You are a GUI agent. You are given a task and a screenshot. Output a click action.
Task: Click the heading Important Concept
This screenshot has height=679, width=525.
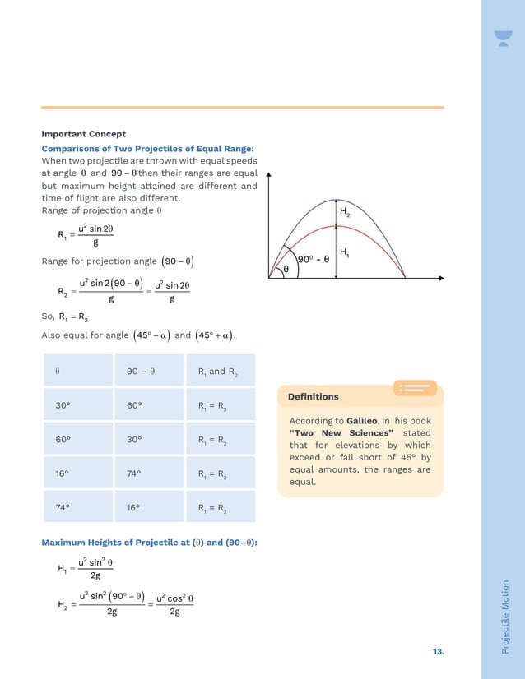coord(83,134)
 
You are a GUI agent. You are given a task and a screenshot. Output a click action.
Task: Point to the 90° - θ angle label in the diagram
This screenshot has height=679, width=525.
coord(313,258)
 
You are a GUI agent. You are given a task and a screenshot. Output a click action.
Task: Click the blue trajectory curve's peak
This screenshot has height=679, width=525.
coord(336,200)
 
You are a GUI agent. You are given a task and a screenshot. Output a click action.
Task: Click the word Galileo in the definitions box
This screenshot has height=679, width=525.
coord(366,420)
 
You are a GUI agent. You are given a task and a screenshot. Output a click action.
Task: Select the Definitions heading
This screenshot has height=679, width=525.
coord(313,396)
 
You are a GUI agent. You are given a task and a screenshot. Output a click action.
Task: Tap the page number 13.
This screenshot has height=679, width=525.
coord(438,651)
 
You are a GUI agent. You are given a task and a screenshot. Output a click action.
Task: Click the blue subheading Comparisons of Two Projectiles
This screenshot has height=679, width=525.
coord(147,149)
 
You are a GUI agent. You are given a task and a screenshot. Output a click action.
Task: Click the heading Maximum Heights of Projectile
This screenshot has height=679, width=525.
coord(149,543)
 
